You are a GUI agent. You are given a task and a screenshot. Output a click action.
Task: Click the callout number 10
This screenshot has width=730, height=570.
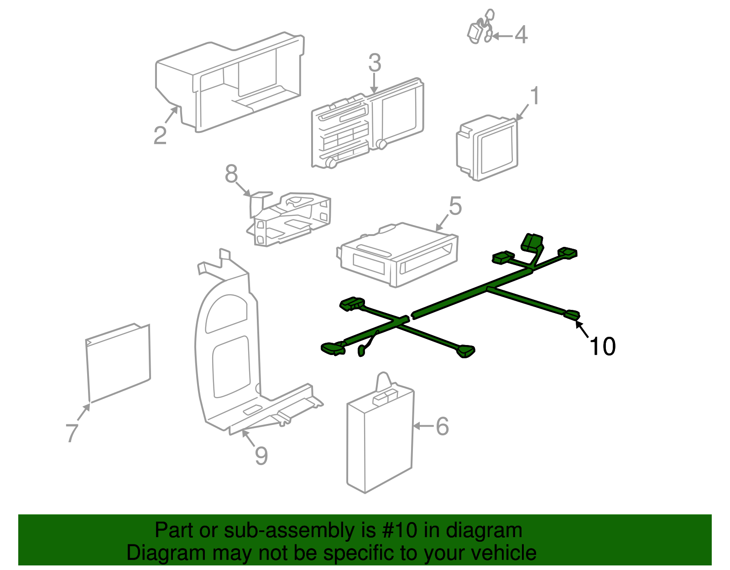pos(602,347)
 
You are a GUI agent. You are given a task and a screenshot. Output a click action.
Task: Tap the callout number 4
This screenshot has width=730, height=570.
pos(521,35)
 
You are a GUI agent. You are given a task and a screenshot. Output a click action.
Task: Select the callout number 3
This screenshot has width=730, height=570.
pos(375,63)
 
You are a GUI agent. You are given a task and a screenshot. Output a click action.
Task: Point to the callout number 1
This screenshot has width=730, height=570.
pos(535,96)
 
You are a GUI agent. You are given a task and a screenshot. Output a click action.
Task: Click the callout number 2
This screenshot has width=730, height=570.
pos(160,136)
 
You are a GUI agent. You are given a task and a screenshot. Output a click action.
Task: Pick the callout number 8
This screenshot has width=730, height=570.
pos(231,174)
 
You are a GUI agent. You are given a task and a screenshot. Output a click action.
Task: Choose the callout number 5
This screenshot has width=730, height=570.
pos(455,206)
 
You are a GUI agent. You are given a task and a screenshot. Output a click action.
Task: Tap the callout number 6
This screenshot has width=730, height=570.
pos(442,426)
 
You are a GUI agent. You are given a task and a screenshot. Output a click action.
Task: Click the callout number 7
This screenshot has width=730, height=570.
pos(72,433)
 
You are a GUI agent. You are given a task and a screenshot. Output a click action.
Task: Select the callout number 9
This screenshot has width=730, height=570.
pos(261,455)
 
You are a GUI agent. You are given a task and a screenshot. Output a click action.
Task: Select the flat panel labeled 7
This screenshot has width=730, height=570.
pos(118,363)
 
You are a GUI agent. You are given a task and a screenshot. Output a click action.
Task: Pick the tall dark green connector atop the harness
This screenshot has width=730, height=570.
pos(532,241)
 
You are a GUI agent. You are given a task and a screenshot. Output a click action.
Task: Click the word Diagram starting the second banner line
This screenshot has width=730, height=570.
pos(160,553)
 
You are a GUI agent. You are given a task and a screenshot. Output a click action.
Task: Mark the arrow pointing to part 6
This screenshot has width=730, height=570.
pos(423,426)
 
